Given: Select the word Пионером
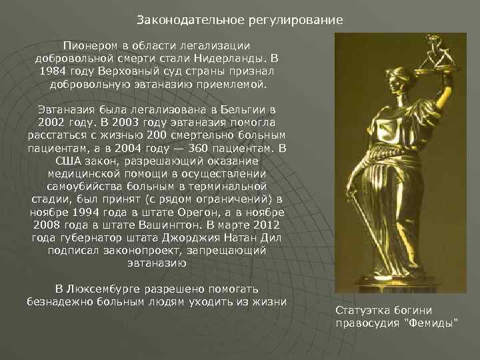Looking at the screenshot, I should pyautogui.click(x=88, y=45).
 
